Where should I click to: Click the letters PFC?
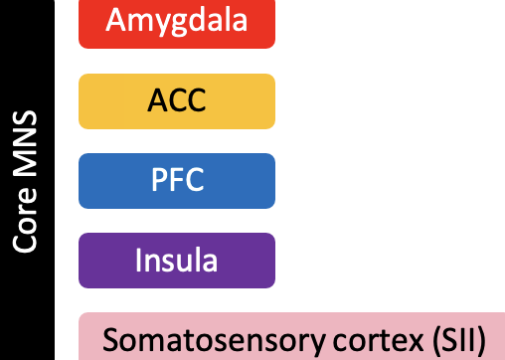[x=177, y=181]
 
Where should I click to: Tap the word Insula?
[x=177, y=261]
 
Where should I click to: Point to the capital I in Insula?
[x=139, y=261]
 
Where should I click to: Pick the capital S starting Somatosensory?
[x=110, y=340]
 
